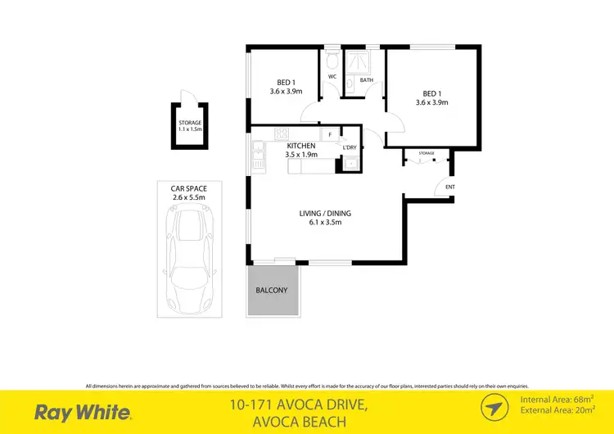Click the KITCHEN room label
(x=301, y=145)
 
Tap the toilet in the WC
(x=332, y=61)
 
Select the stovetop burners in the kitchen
(x=282, y=134)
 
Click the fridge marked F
(x=330, y=133)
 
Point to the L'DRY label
(x=350, y=147)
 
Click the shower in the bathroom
(x=356, y=63)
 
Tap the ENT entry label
(x=449, y=187)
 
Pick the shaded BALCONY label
(x=270, y=291)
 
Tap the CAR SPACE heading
(x=189, y=188)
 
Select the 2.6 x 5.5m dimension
(x=189, y=197)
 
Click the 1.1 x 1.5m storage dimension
(x=190, y=129)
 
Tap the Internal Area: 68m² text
(x=555, y=400)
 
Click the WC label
(x=332, y=77)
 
